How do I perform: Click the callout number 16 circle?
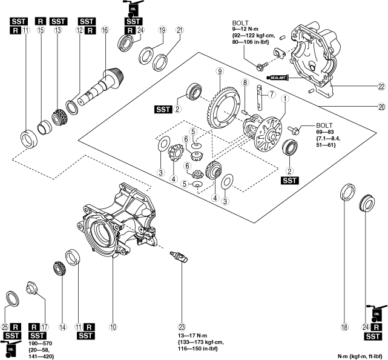pos(105,30)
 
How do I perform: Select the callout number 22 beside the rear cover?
pos(381,87)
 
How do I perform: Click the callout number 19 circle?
pos(145,30)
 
